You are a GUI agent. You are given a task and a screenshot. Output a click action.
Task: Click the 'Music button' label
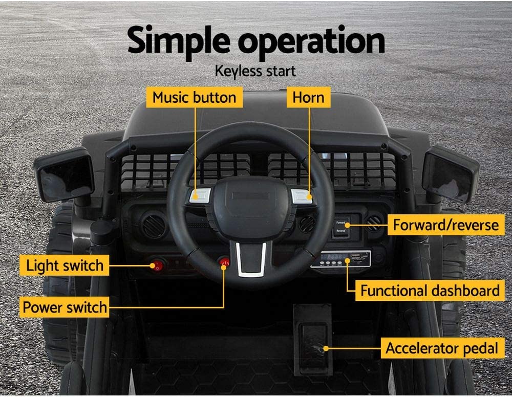tap(195, 97)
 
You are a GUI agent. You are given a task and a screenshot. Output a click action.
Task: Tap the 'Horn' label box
tap(308, 97)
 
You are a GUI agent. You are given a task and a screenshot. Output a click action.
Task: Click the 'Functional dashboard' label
tap(429, 291)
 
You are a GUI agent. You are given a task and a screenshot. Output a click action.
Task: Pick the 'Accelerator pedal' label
tap(442, 349)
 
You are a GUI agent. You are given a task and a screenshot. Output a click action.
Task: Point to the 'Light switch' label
tap(65, 266)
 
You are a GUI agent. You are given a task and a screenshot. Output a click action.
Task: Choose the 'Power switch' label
tap(65, 307)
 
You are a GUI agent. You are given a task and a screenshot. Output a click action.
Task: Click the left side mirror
tap(64, 175)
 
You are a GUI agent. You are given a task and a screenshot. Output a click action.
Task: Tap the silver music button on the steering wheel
tap(200, 195)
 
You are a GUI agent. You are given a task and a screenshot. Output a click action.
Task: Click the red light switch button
tap(158, 265)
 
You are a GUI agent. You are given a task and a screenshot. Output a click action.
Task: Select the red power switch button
tap(224, 263)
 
